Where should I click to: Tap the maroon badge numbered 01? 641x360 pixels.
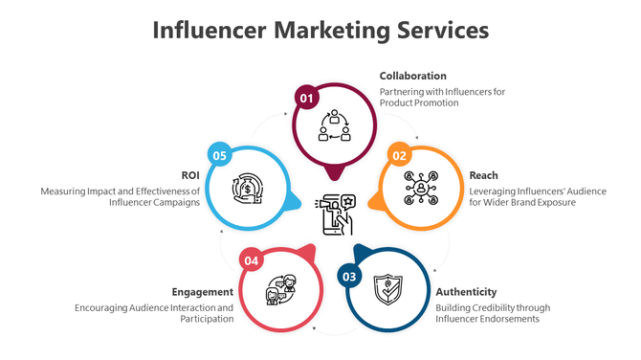point(306,98)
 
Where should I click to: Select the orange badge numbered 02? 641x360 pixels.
point(399,155)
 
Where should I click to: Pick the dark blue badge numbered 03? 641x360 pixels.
point(350,277)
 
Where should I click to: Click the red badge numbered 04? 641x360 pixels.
point(252,259)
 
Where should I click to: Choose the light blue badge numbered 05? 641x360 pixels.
point(220,155)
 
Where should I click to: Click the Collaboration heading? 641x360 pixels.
point(412,76)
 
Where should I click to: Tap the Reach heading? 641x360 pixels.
point(482,175)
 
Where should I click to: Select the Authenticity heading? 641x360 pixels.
point(466,291)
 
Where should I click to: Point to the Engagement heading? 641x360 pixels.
point(202,291)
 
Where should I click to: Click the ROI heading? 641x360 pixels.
point(189,175)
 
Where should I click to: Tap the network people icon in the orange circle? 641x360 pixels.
point(421,189)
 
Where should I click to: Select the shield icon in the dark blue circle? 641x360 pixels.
point(387,287)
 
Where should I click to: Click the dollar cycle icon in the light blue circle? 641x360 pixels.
point(248,188)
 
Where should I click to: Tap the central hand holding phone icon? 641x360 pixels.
point(335,213)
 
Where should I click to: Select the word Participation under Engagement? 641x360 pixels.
point(207,319)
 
